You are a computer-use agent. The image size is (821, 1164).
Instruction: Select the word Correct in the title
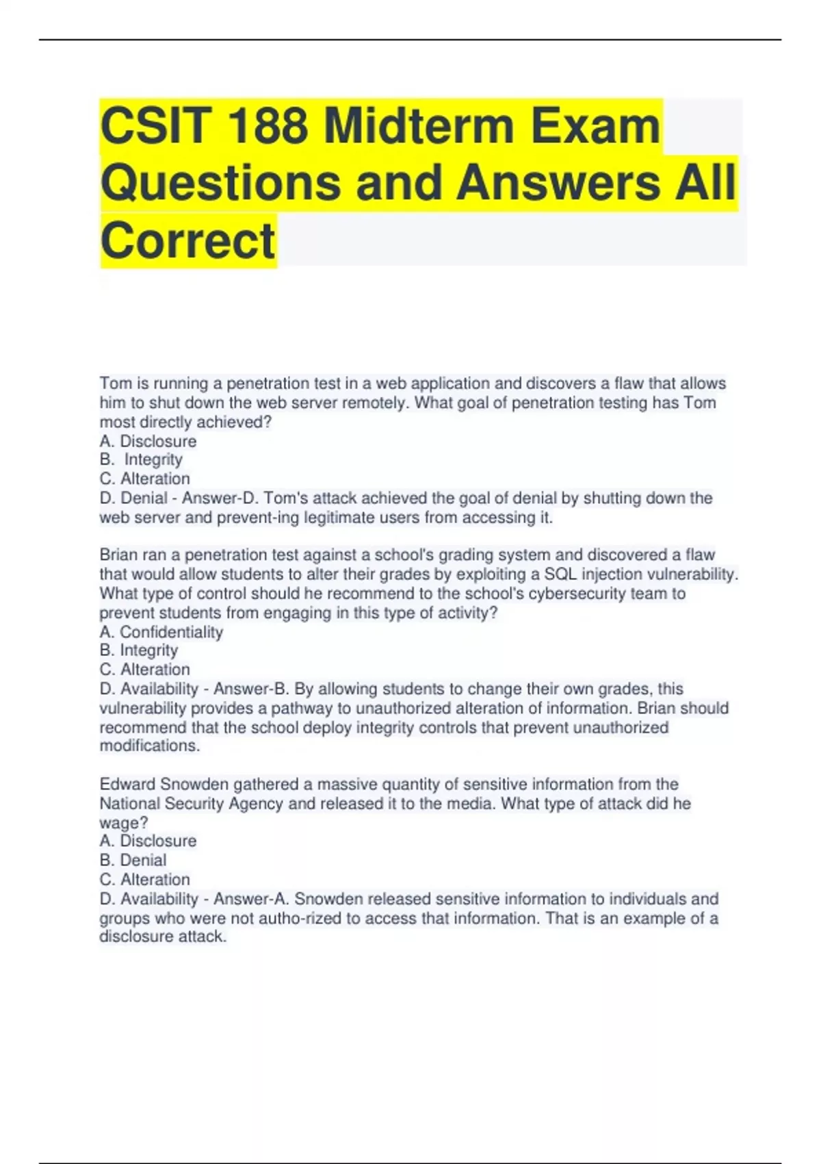(187, 240)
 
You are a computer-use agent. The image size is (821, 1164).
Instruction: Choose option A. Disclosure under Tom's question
(148, 441)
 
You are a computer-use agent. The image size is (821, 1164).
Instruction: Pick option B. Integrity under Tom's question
(141, 459)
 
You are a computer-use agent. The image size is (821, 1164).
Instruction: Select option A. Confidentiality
(161, 632)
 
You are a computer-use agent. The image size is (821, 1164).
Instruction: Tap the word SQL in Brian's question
(560, 574)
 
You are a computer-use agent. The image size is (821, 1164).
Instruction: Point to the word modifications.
(150, 746)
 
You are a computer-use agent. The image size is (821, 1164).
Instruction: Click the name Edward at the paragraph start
(127, 784)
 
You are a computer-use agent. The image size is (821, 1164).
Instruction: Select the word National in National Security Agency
(129, 803)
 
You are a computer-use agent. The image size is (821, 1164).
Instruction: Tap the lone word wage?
(124, 822)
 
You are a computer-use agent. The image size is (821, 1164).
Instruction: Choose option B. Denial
(133, 860)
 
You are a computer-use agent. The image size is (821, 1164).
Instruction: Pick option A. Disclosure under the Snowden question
(148, 841)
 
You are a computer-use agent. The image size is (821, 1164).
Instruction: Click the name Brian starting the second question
(118, 555)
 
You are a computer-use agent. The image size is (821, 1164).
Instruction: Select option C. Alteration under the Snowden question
(144, 879)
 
